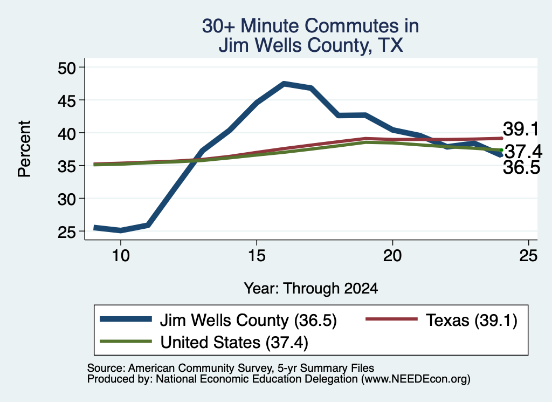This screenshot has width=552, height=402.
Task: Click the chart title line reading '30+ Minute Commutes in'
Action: (x=310, y=26)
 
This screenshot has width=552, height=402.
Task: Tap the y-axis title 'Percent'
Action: (x=24, y=149)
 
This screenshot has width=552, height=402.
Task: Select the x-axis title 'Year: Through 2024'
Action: (x=311, y=288)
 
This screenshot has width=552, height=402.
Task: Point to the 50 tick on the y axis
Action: (x=67, y=67)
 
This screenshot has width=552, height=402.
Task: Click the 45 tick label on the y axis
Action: (x=67, y=101)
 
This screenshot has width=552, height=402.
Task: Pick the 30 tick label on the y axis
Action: (x=67, y=200)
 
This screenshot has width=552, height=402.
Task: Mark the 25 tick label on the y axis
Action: (x=67, y=232)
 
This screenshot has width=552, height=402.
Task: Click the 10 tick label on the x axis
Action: (x=121, y=255)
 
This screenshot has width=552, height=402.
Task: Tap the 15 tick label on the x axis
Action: (x=257, y=255)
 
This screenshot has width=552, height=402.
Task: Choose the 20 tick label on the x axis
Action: (x=392, y=255)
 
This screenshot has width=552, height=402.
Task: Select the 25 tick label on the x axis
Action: (x=528, y=255)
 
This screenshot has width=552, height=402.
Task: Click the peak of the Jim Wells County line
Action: (x=284, y=84)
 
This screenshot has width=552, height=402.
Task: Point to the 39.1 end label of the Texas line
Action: (x=521, y=129)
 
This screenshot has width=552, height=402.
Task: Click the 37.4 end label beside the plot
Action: (x=523, y=152)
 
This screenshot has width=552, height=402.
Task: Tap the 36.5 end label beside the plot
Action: (x=521, y=167)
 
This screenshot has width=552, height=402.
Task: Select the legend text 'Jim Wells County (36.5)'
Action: (x=248, y=321)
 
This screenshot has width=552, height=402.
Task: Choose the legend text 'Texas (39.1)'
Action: (x=471, y=321)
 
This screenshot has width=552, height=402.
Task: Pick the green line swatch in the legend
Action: (x=126, y=342)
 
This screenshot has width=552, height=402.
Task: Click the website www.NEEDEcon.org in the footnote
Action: (x=416, y=379)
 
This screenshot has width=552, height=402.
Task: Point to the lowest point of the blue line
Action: (x=121, y=230)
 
